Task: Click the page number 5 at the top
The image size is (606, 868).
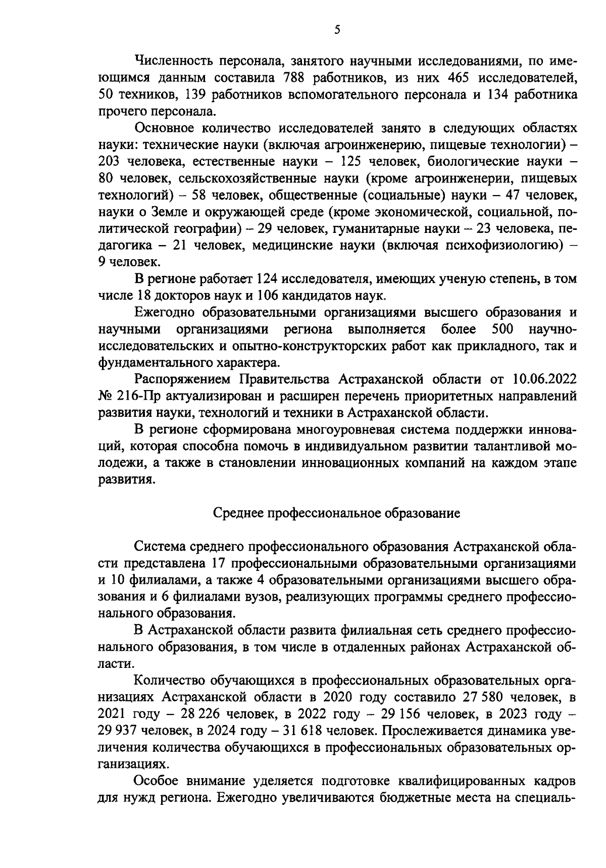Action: tap(337, 30)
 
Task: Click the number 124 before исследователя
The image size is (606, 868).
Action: tap(267, 279)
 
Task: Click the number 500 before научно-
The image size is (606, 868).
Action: tap(502, 329)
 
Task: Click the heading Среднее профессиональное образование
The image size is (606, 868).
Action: tap(337, 513)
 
